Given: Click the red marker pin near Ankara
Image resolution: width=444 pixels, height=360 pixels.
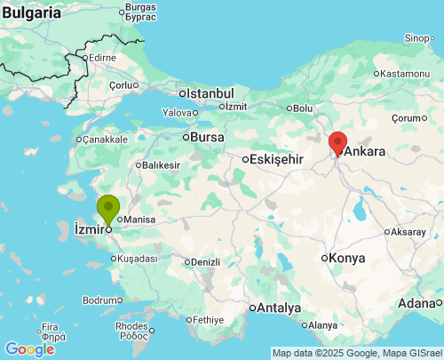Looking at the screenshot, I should (337, 142).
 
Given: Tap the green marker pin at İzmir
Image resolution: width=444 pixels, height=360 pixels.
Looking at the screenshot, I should (108, 209).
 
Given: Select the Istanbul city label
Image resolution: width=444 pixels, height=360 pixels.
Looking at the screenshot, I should (209, 93).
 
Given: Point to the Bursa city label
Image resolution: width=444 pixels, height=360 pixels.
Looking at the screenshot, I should (207, 137).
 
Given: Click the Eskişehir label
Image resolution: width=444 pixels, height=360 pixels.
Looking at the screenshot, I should (277, 159).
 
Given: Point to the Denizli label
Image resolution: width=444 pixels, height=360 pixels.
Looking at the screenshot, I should (204, 262).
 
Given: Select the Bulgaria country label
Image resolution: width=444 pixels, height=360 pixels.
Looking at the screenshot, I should (32, 12).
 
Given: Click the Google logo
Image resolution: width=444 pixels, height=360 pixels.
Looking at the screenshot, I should (28, 349).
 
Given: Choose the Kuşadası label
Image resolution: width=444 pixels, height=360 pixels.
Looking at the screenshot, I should (136, 259).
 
